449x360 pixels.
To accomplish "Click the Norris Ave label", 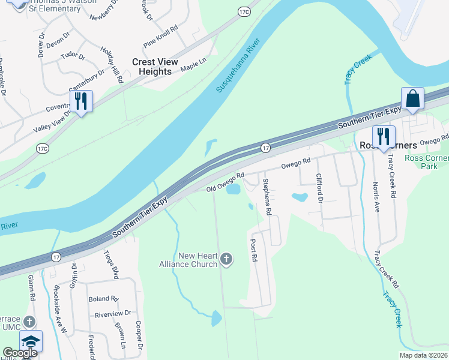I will (376, 197).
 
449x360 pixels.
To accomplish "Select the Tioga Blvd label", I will (112, 265).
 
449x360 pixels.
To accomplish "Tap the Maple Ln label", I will (193, 63).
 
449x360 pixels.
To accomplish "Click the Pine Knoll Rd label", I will (161, 37).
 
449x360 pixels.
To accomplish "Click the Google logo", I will (20, 353).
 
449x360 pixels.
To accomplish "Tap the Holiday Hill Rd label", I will (112, 66).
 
